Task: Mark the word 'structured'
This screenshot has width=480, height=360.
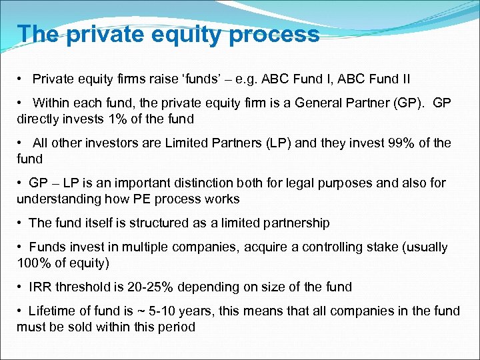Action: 149,223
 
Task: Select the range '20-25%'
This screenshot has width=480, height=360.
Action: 149,287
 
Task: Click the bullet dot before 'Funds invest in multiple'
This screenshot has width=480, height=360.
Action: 21,247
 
